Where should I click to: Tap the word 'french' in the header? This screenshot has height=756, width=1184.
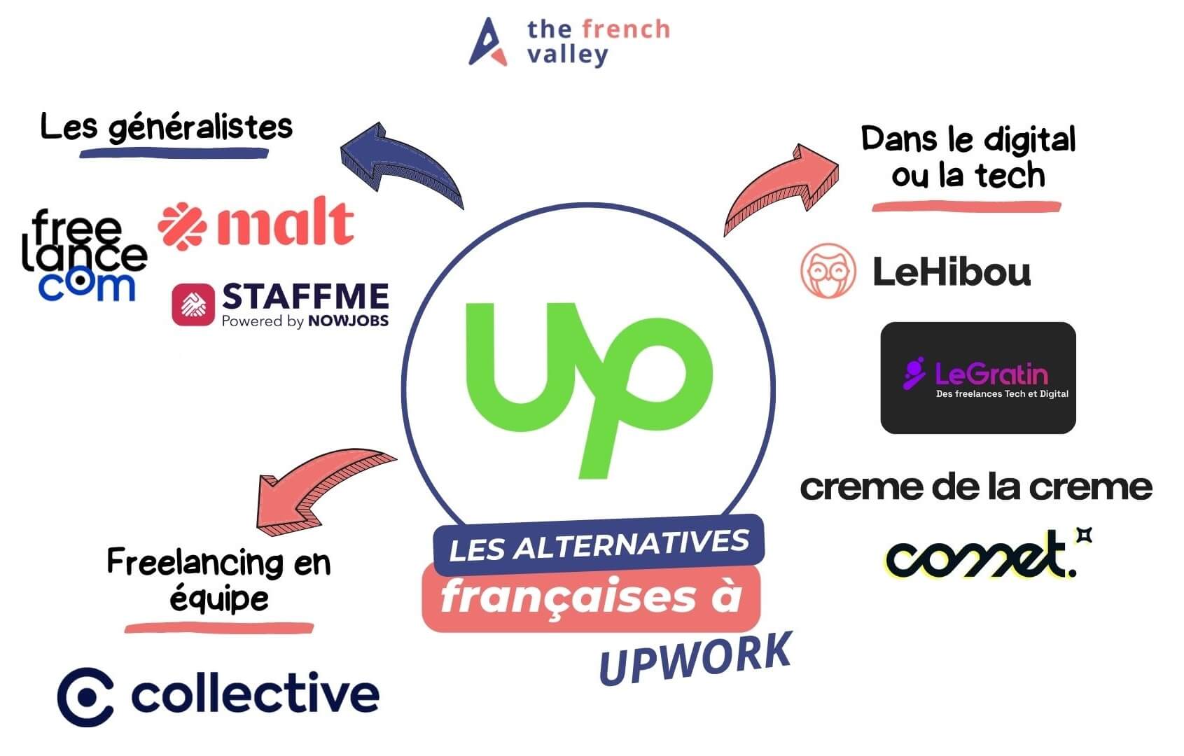[x=626, y=29]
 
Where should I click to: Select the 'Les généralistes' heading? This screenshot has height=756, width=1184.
[x=167, y=128]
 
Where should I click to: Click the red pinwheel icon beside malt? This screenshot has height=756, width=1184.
[x=182, y=225]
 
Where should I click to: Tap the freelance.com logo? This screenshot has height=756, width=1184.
[x=85, y=255]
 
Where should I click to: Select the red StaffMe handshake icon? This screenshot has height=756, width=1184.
[x=193, y=304]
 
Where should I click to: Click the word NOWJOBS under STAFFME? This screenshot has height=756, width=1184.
[x=348, y=321]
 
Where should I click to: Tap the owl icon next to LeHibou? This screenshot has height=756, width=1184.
[x=828, y=270]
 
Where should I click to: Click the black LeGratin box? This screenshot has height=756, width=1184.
[x=978, y=378]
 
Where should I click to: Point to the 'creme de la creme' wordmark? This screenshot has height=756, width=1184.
[x=976, y=487]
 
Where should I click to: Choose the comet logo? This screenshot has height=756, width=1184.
[x=988, y=553]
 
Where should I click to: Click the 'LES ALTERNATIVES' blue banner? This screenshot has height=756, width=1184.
[x=599, y=545]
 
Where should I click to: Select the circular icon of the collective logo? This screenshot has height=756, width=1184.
[x=85, y=696]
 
